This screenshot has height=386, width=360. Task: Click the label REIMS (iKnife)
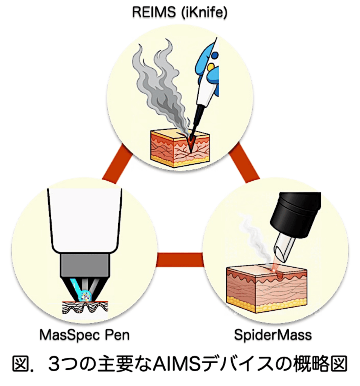point(180,12)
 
